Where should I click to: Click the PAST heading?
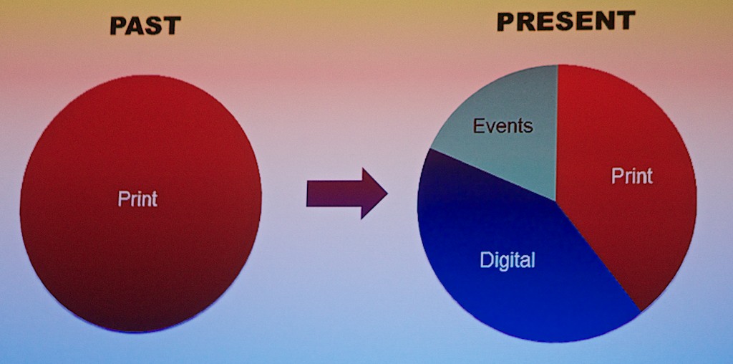point(145,27)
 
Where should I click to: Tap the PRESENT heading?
point(565,21)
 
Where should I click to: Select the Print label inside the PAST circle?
point(137,199)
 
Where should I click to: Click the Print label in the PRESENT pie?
point(632,176)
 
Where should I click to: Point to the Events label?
point(503,125)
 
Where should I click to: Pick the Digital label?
point(508,260)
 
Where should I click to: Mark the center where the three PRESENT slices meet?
point(555,201)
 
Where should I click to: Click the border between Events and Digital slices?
point(493,175)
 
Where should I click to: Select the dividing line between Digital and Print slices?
point(598,256)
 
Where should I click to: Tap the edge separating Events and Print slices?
point(557,133)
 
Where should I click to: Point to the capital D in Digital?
point(486,259)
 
